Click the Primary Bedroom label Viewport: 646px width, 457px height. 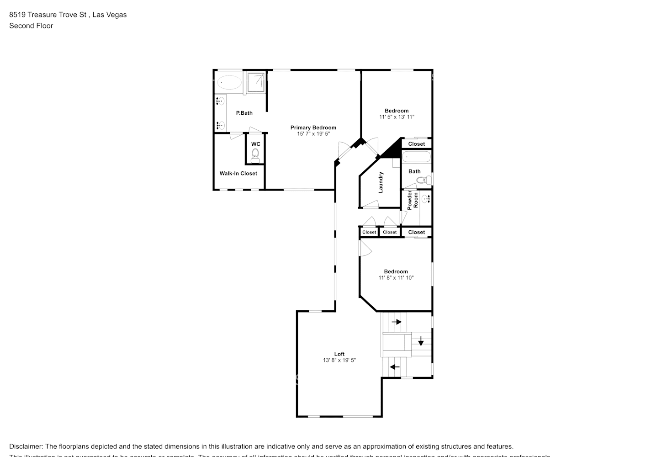click(313, 128)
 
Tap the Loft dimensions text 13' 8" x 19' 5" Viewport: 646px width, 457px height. click(339, 360)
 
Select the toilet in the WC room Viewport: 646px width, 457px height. click(255, 154)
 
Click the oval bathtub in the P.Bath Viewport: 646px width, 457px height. click(229, 83)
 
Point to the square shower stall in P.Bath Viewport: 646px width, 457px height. click(256, 82)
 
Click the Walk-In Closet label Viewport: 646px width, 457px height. click(238, 173)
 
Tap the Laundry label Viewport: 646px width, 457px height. click(381, 182)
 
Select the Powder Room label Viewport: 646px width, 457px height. click(413, 200)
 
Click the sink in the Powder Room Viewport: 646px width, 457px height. click(426, 199)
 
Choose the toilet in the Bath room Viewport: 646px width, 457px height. click(425, 180)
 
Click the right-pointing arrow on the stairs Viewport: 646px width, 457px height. click(397, 322)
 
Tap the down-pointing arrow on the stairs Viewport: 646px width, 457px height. click(421, 341)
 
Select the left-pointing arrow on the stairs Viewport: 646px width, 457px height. click(394, 367)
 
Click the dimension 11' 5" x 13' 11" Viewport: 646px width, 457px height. click(397, 117)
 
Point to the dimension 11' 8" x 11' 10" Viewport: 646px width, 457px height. click(396, 277)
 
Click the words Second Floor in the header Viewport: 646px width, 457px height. click(31, 26)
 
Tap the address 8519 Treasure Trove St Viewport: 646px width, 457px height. click(48, 15)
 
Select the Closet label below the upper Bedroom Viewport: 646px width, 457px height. click(416, 144)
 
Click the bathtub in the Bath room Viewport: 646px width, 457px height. click(416, 157)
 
